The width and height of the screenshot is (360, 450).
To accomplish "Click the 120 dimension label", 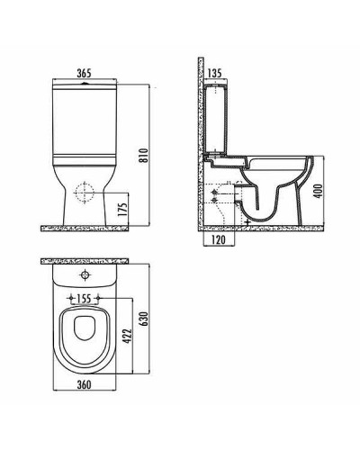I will coord(216,242).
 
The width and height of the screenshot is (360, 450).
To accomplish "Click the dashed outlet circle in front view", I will coord(83,192).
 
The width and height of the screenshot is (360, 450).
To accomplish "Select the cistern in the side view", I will coord(219,117).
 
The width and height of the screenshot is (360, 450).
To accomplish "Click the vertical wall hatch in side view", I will coord(202,144).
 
